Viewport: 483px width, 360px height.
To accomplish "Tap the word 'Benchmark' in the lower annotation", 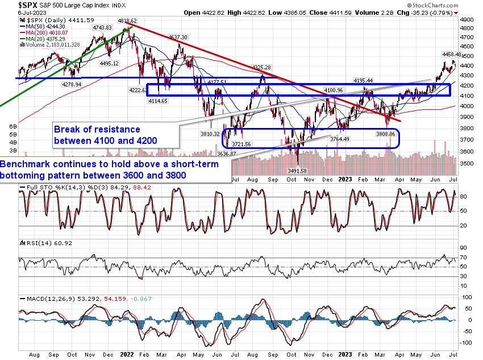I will pos(25,164).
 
